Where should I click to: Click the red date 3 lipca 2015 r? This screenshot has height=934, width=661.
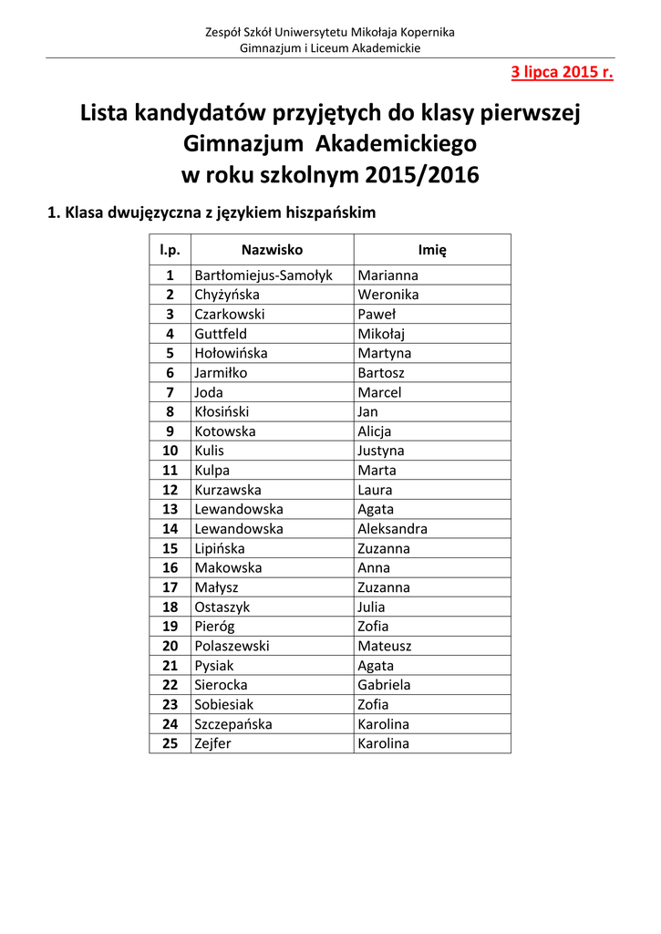[562, 72]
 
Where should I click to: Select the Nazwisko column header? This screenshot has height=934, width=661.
[272, 250]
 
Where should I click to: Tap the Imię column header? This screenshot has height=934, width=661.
[432, 250]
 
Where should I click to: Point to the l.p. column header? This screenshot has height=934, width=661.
[170, 250]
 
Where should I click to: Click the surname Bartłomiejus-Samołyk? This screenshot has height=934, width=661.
[263, 275]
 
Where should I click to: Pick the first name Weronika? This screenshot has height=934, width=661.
[388, 295]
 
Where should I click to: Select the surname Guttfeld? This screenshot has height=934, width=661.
[221, 334]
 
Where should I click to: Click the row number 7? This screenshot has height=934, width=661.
[170, 392]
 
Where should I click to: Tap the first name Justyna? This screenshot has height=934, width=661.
[381, 451]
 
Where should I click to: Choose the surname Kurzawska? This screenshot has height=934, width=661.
[228, 490]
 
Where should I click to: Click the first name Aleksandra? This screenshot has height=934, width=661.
[393, 529]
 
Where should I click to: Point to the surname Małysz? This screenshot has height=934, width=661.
[215, 587]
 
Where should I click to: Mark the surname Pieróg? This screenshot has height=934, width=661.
[215, 627]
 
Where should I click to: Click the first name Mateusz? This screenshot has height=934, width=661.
[385, 646]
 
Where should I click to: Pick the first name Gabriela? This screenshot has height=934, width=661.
[385, 685]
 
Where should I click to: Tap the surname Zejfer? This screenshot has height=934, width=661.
[213, 743]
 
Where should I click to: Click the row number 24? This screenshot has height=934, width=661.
[170, 724]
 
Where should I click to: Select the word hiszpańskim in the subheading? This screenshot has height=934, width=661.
[330, 213]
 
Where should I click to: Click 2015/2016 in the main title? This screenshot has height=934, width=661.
[422, 174]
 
